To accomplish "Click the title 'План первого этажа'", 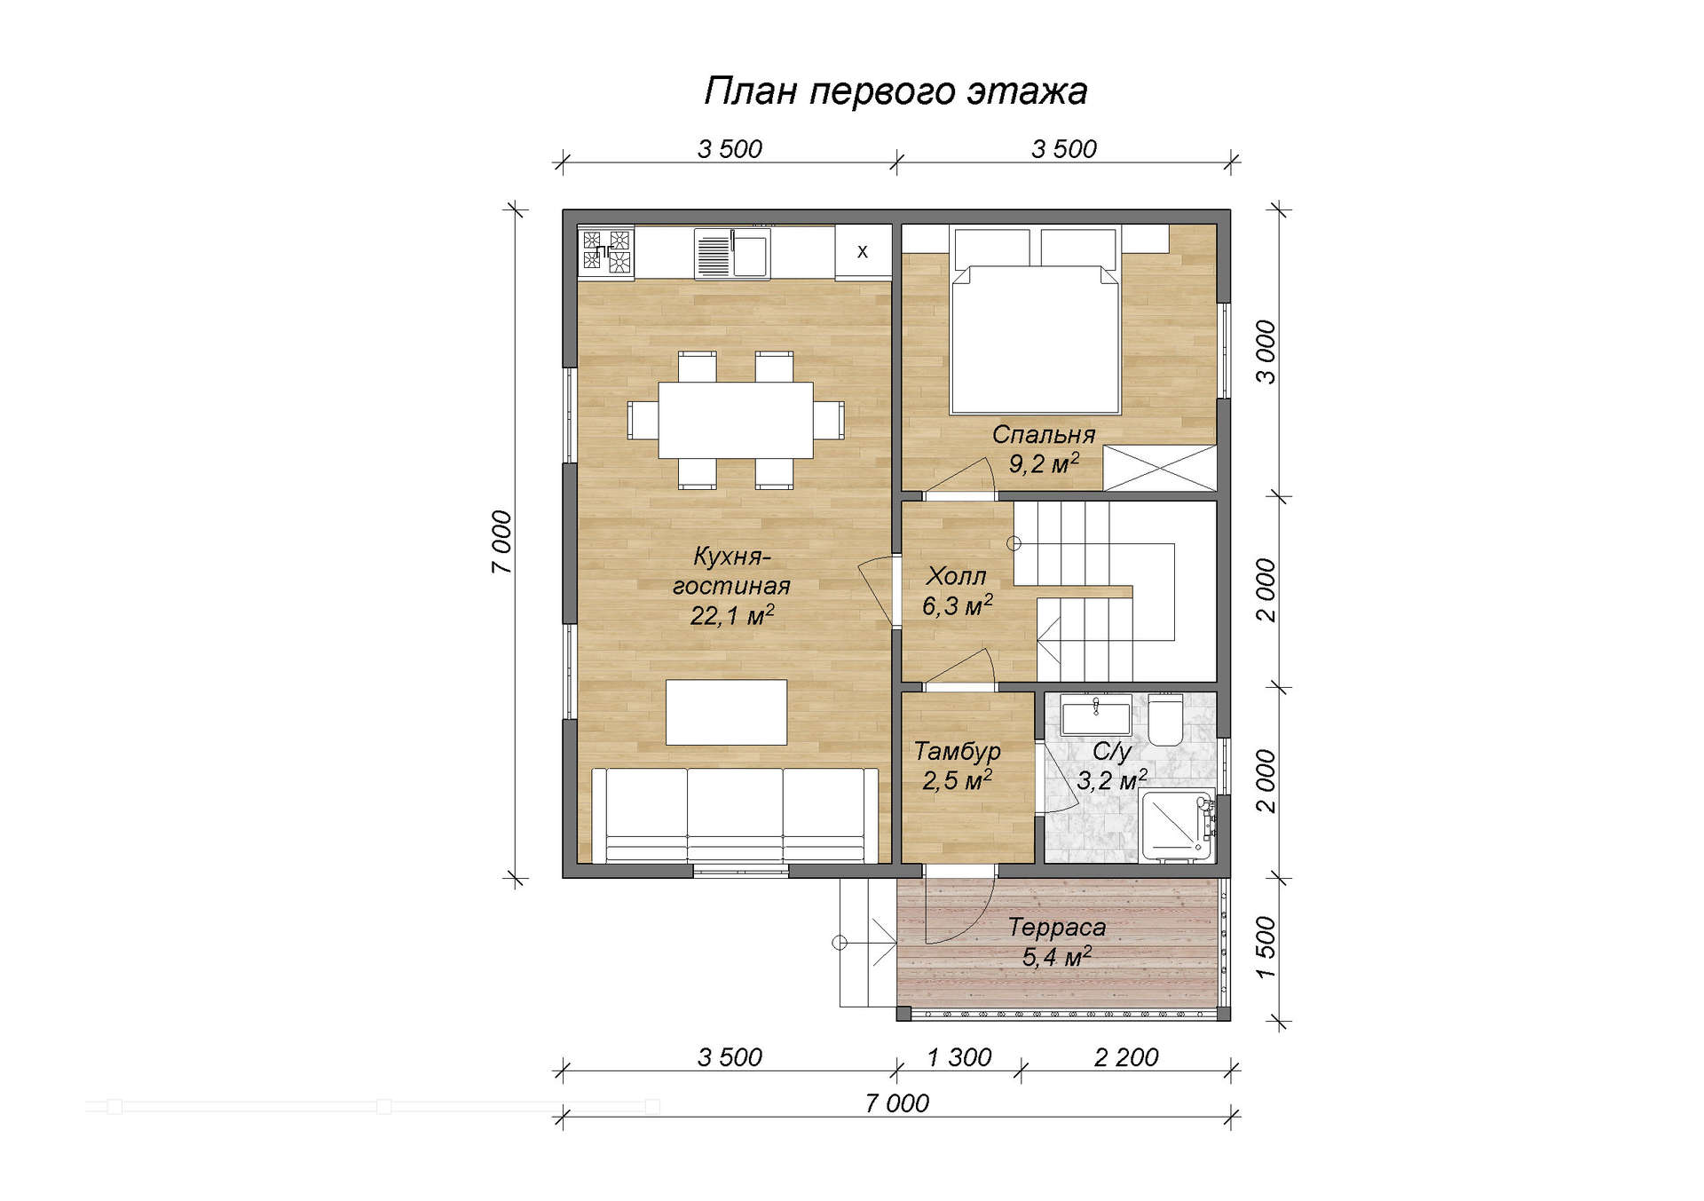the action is tap(895, 91).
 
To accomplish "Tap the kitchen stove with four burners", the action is tap(606, 251).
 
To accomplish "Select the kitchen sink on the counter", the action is tap(732, 253).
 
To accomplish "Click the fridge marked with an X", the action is tap(863, 252).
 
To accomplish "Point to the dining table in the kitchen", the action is tap(736, 420).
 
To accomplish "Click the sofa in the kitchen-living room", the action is tap(735, 816).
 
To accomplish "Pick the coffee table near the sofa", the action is tap(727, 712).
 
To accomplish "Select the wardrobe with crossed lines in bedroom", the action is tap(1159, 468).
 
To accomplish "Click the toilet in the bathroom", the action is tap(1165, 720).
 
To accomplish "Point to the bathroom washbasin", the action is tap(1096, 715).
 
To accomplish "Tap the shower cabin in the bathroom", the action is tap(1178, 826).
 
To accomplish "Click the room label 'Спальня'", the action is tap(1044, 435).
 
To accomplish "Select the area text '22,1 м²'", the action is tap(732, 615).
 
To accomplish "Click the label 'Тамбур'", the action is tap(958, 752).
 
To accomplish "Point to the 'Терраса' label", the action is tap(1057, 928).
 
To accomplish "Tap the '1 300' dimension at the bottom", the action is tap(959, 1057).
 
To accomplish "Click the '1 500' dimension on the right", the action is tap(1266, 948).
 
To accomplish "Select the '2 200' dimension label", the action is tap(1126, 1057).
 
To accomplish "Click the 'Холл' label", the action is tap(956, 576).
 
